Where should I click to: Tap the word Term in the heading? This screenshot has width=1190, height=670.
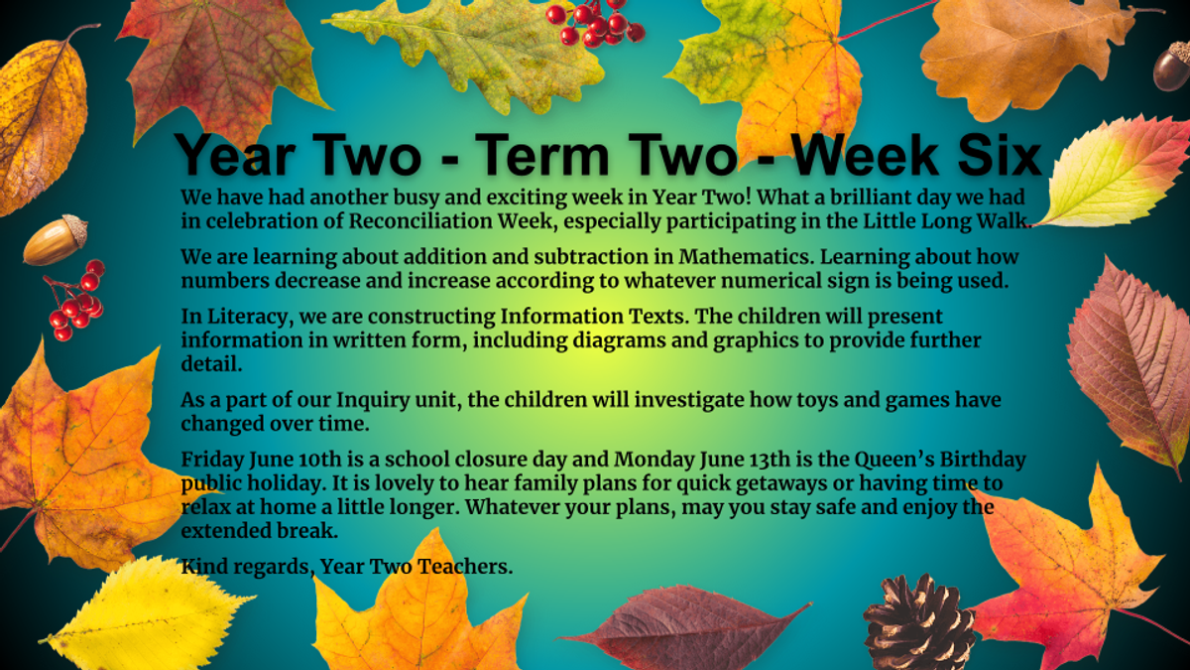tap(545, 155)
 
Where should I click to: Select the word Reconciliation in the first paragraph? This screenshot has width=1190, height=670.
tap(420, 221)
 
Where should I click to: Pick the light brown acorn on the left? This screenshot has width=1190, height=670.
tap(56, 240)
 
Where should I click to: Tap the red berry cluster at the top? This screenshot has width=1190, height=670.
tap(595, 22)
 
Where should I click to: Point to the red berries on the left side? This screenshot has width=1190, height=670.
tap(76, 301)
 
